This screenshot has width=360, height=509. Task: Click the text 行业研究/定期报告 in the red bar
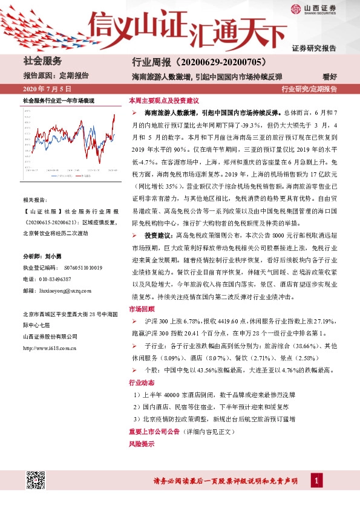coord(309,89)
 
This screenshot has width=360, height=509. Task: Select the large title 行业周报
coord(152,62)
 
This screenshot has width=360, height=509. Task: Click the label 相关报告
coord(33,199)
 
